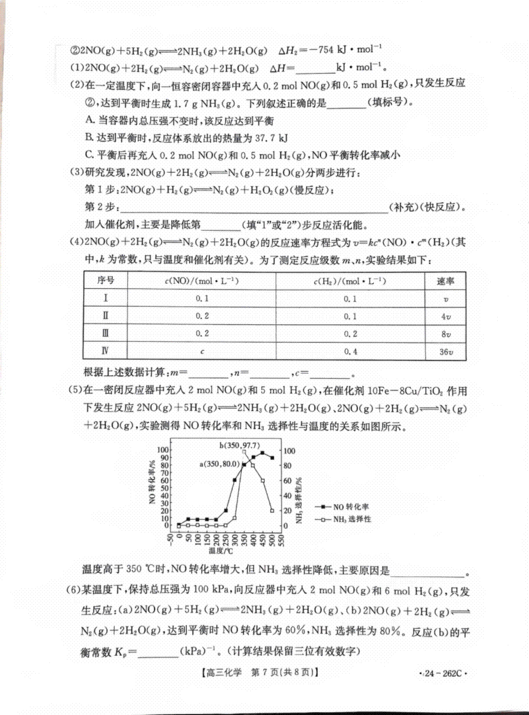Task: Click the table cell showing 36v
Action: coord(446,351)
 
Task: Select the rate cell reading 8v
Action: coord(446,334)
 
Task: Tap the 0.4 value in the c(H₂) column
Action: coord(350,351)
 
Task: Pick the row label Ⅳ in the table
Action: coord(105,351)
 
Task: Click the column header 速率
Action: coord(445,281)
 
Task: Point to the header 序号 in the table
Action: coord(105,281)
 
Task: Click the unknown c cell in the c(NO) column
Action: coord(202,351)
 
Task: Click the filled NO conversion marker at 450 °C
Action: coord(263,453)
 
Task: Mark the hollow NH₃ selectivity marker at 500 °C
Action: coord(272,510)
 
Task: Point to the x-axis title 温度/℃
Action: coord(221,551)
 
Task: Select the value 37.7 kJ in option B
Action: coord(272,138)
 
